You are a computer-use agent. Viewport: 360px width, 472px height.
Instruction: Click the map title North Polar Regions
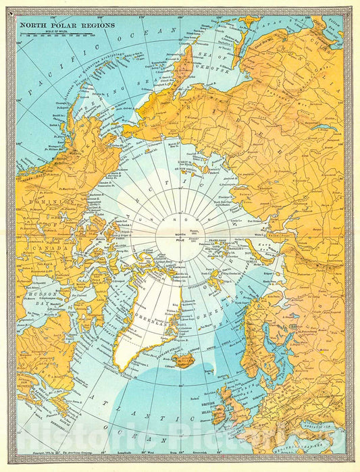pos(66,26)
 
